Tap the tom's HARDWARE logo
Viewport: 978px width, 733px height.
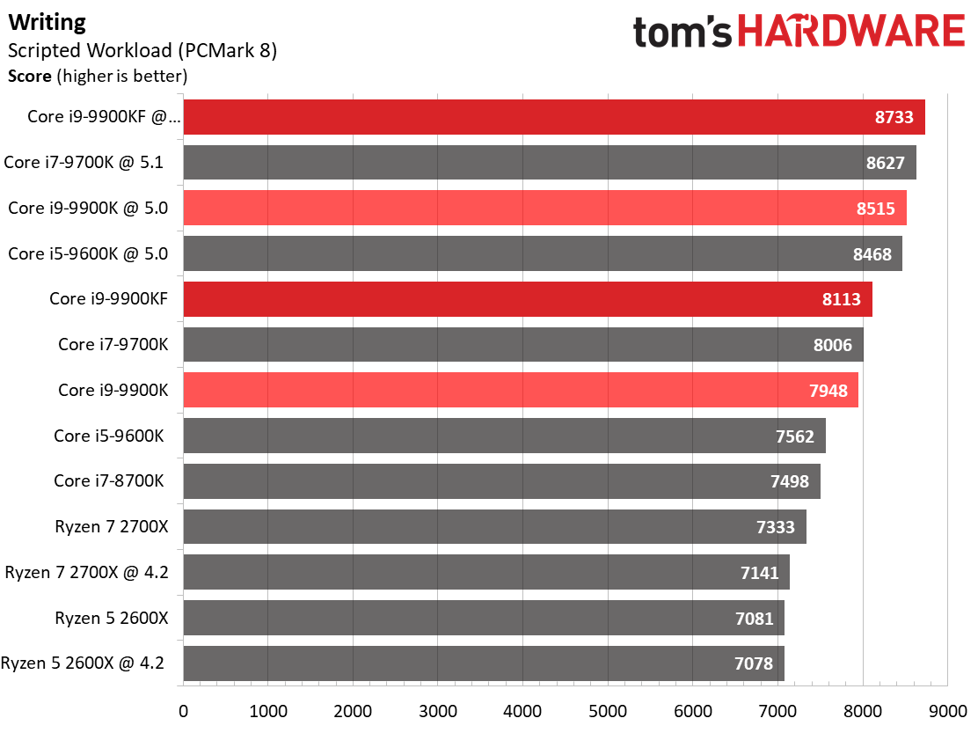click(799, 33)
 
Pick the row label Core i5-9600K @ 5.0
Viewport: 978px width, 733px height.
click(88, 254)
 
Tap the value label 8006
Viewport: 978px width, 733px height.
click(832, 345)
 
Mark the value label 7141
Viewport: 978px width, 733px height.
click(759, 573)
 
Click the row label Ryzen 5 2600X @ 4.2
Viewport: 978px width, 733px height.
click(84, 663)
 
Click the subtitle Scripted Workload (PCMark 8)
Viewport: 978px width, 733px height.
click(142, 51)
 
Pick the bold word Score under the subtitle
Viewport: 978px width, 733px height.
click(30, 77)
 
